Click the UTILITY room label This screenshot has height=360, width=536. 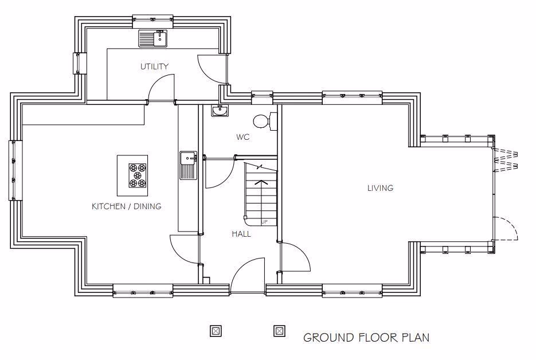point(155,66)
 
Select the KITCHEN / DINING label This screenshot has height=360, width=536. point(127,206)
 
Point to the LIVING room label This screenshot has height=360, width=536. point(381,188)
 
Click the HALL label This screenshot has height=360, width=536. point(241,234)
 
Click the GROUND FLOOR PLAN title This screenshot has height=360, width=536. point(366,337)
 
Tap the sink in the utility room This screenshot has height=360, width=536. point(153,39)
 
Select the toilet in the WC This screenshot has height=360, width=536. point(264,121)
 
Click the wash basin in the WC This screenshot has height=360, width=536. point(220,111)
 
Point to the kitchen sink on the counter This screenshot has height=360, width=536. point(188,165)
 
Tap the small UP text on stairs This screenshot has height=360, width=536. point(264,222)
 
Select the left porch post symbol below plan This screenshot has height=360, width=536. point(216,331)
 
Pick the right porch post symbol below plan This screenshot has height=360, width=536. point(279,331)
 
